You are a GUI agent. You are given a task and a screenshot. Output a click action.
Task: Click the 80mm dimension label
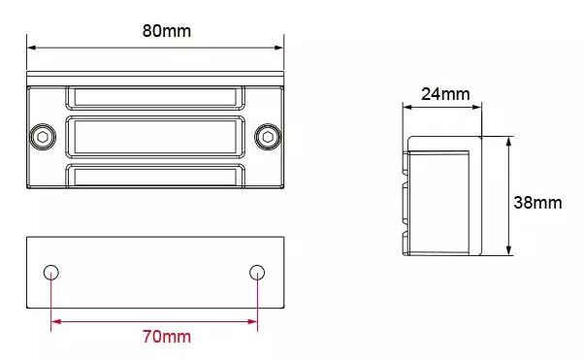[x=167, y=31]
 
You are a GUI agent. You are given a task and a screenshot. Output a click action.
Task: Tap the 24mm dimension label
[x=445, y=94]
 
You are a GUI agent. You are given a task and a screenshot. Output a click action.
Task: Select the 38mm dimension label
[x=537, y=203]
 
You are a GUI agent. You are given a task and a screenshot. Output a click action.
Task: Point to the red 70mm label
[x=167, y=337]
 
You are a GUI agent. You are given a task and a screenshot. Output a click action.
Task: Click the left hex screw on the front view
[x=43, y=137]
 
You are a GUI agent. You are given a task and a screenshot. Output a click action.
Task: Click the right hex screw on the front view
[x=268, y=137]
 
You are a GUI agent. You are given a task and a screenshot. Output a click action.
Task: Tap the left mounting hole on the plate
[x=51, y=273]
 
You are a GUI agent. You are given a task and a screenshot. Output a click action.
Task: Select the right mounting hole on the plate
[x=257, y=273]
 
